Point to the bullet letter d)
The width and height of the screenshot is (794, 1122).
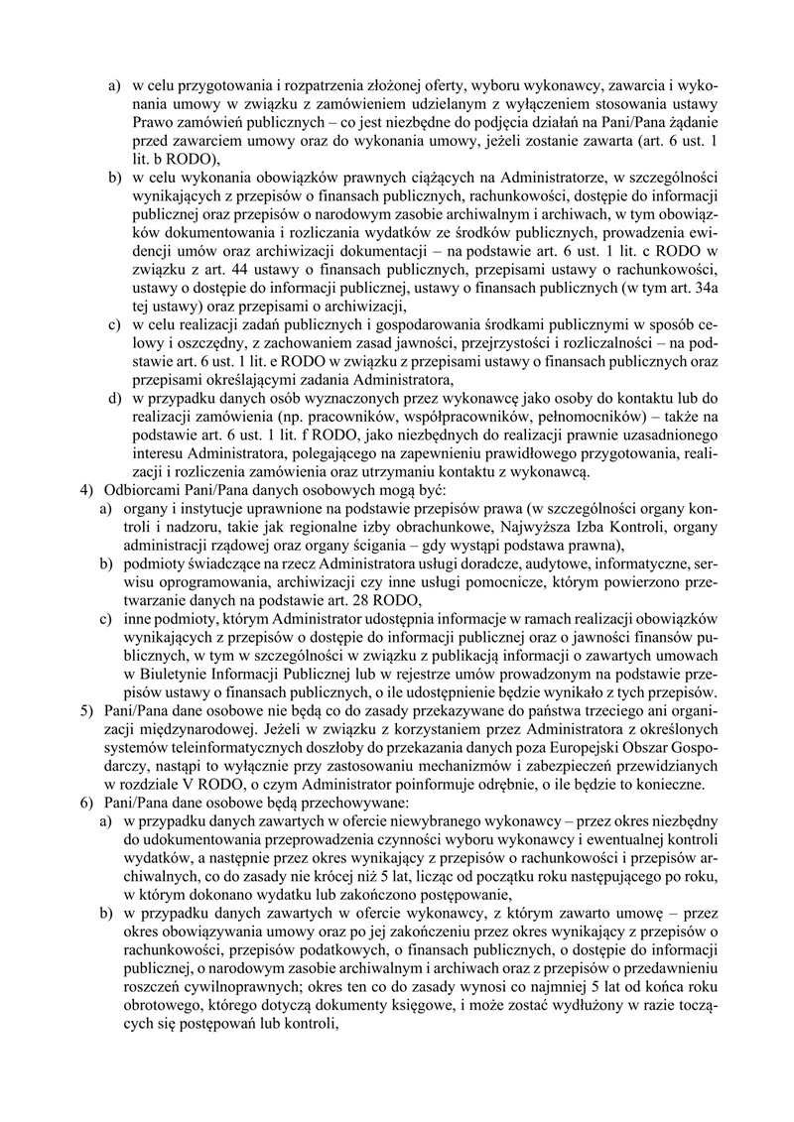(x=114, y=399)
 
